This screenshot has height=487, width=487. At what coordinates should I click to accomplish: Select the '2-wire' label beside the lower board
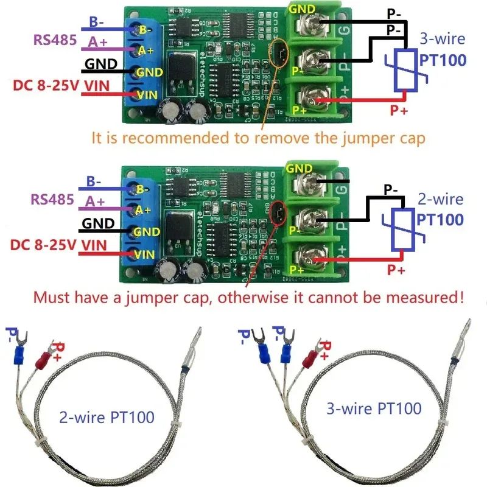(x=440, y=199)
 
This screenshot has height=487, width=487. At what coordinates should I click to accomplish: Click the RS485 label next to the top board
(x=53, y=41)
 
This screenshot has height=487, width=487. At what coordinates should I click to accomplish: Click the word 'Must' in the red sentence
(x=49, y=298)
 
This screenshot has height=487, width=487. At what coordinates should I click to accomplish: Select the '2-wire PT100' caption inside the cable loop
(x=107, y=418)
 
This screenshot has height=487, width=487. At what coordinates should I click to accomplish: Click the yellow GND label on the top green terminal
(x=302, y=9)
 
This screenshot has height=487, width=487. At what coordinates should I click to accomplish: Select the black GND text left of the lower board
(x=98, y=223)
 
